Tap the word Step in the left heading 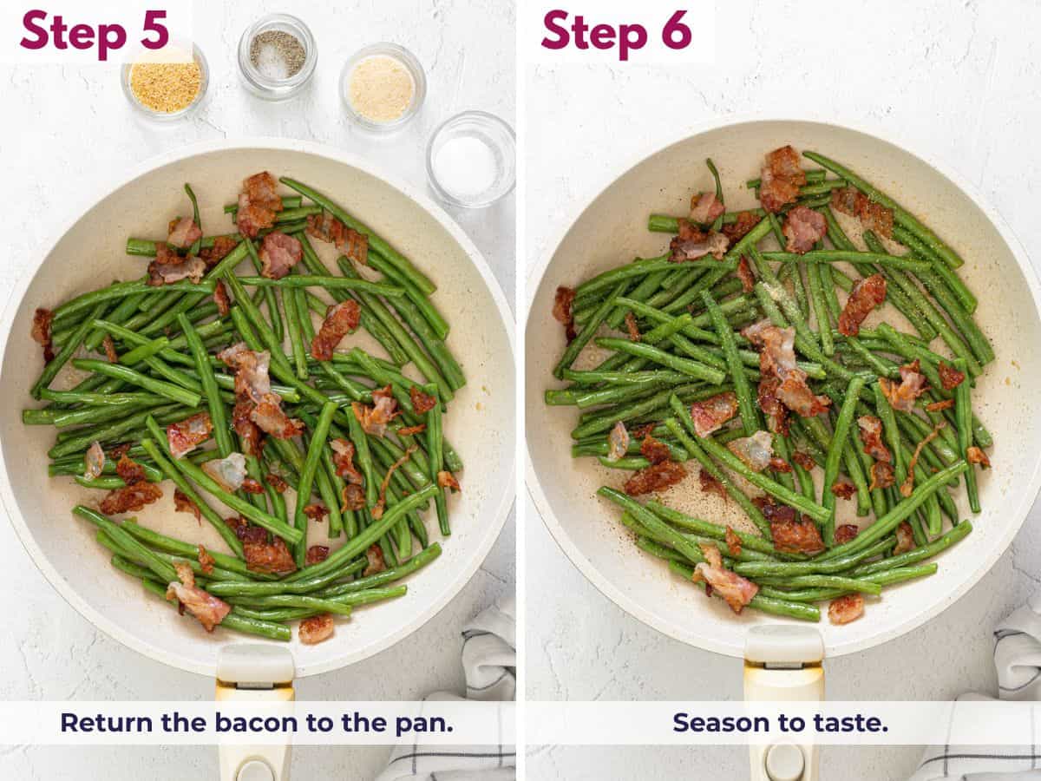[x=73, y=33]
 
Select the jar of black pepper [x=277, y=55]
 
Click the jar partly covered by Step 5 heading [x=165, y=82]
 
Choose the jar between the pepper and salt [x=382, y=87]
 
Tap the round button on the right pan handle [x=784, y=762]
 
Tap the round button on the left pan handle [x=255, y=769]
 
